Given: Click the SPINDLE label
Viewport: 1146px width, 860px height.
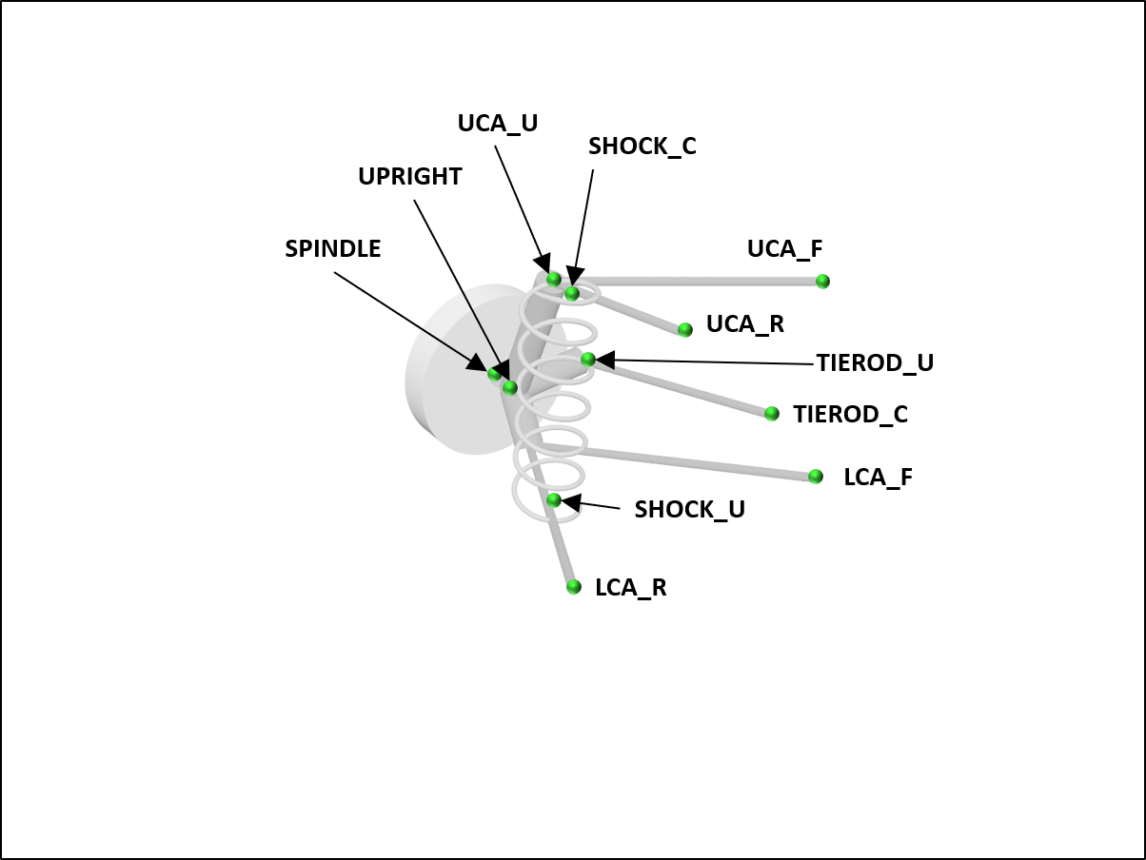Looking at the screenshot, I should click(x=332, y=249).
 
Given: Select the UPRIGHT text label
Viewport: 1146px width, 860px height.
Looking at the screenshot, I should click(x=409, y=177).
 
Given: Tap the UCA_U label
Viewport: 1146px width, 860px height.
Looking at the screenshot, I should click(x=497, y=124).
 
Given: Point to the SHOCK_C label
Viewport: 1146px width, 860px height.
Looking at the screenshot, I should click(x=642, y=147).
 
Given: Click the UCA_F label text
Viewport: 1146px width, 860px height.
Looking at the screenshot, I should click(x=784, y=249).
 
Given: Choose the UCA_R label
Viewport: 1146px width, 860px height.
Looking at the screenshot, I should click(x=744, y=324).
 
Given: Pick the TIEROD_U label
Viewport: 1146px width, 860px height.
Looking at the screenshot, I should click(x=874, y=363).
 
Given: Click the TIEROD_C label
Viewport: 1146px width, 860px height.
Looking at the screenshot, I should click(x=850, y=415).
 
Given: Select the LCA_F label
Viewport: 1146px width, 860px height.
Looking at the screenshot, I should click(x=878, y=478).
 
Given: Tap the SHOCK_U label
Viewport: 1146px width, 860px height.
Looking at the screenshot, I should click(x=689, y=510).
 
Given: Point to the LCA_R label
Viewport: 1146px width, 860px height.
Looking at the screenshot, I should click(x=630, y=588).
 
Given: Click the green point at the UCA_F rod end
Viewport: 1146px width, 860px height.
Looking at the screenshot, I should click(x=822, y=282).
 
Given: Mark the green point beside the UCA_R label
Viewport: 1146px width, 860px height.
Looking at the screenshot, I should click(x=684, y=330).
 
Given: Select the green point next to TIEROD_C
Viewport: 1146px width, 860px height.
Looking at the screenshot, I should click(x=772, y=414).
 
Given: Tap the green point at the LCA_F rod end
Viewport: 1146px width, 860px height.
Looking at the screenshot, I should click(x=816, y=477).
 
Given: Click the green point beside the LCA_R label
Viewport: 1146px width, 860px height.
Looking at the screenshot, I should click(x=573, y=587).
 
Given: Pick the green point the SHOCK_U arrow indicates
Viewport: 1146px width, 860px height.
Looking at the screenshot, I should click(x=554, y=499).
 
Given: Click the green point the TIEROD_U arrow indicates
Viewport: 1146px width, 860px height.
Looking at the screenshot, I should click(x=588, y=360).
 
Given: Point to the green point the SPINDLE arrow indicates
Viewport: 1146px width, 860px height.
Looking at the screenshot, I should click(x=494, y=374).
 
